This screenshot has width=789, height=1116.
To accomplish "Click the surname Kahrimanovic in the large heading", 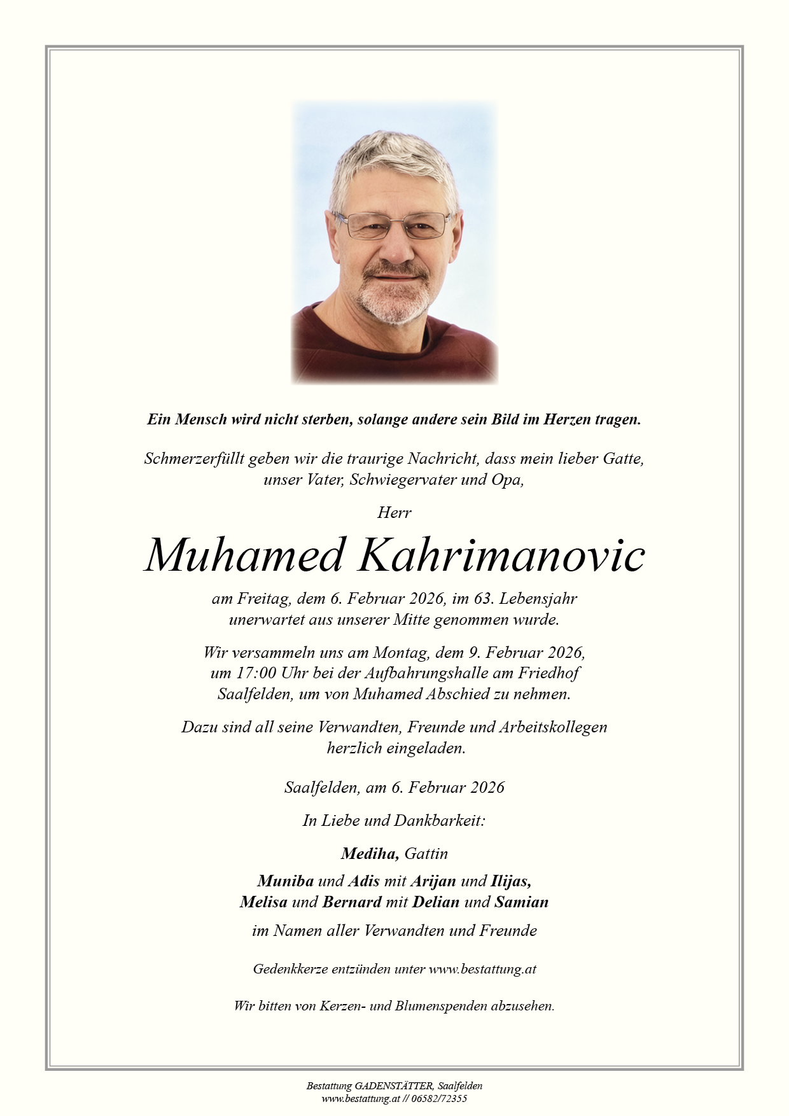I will tap(502, 555).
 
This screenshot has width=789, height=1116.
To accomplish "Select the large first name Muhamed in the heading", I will tap(245, 555).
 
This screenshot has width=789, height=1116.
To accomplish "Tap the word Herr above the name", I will tap(394, 512).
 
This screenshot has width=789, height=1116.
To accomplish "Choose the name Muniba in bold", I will tap(285, 881).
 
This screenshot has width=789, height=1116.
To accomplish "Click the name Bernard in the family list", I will tap(352, 902).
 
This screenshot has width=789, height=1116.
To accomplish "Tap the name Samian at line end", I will tap(521, 902).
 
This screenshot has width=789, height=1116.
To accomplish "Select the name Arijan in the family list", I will tap(433, 881).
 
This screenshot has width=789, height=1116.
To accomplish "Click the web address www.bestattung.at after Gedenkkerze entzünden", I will tap(482, 969).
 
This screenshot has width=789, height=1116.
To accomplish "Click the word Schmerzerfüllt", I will tap(194, 458).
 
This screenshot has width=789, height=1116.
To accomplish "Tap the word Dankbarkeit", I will tap(439, 820).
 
